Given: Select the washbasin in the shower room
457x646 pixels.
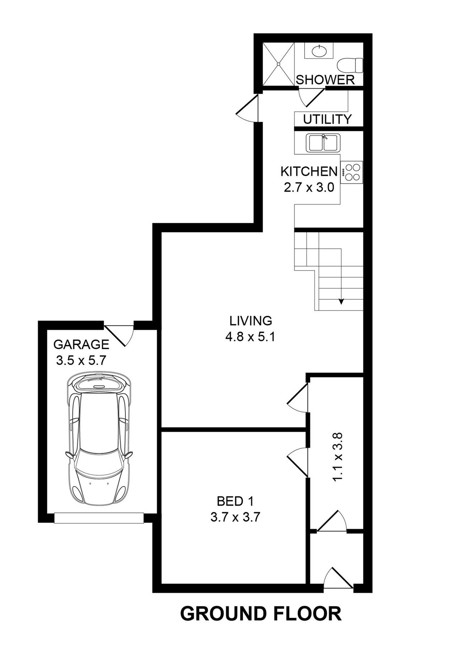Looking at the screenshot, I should coord(319,51).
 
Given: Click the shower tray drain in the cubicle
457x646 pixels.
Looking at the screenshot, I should coord(279,64).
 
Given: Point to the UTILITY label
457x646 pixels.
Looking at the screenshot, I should coord(327,119).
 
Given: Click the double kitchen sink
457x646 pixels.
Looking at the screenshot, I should coord(323,142).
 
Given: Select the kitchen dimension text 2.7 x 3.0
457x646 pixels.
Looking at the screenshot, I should coord(309,188).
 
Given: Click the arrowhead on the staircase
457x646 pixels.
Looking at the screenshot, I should coord(341,301).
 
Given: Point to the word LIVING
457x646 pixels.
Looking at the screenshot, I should coord(251,320).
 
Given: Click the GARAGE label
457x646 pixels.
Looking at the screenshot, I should coord(81,345).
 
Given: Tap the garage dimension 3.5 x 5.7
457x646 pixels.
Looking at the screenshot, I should coord(81,360).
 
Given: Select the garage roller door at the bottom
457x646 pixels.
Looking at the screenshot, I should coord(99,518).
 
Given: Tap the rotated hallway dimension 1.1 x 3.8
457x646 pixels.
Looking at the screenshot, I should coord(338,457).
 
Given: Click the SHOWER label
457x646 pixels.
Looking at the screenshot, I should coord(325,80).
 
